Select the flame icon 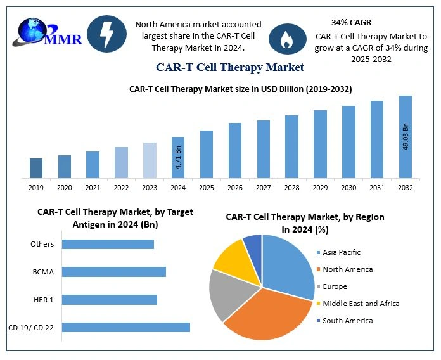pos(288,39)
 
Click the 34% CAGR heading pos(351,22)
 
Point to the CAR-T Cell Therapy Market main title pos(230,67)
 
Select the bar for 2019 pos(36,168)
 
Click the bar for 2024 pos(178,157)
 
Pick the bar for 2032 pos(406,137)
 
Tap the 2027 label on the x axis pos(264,188)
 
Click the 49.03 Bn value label pos(406,137)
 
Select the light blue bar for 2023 pos(150,160)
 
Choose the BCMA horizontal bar pos(114,272)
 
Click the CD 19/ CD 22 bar pos(126,327)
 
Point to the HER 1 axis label pos(43,299)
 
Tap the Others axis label pos(42,244)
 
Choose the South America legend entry pos(347,321)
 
